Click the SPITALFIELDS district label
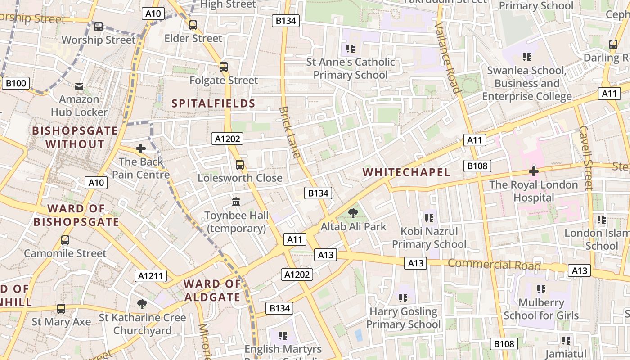(x=213, y=103)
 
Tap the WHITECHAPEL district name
(x=406, y=172)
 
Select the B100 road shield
(x=16, y=83)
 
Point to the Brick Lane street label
(x=289, y=132)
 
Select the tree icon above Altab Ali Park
(x=353, y=213)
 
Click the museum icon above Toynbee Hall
(x=236, y=202)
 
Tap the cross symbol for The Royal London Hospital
(x=534, y=171)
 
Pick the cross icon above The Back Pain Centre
(x=141, y=148)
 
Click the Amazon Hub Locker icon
(x=79, y=86)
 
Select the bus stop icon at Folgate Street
(x=224, y=67)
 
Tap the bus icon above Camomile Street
(x=65, y=240)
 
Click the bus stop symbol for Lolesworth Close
(x=240, y=165)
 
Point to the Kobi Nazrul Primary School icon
(x=429, y=218)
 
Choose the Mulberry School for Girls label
(x=541, y=309)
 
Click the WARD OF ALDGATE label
(x=212, y=290)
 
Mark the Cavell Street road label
(x=586, y=157)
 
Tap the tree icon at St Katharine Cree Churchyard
(x=142, y=304)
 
